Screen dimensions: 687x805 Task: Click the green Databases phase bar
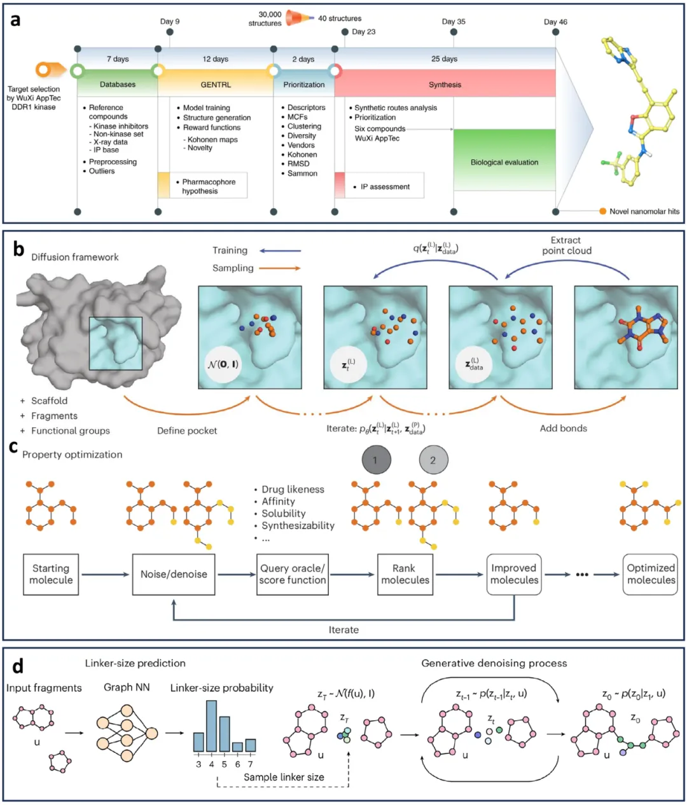tap(118, 84)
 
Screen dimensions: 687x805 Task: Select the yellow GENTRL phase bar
tap(216, 84)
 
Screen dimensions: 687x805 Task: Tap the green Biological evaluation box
tap(504, 162)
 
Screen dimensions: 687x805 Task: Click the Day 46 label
tap(555, 22)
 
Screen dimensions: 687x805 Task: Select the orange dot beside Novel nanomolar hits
tap(602, 211)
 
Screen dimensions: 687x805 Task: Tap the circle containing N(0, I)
tap(223, 364)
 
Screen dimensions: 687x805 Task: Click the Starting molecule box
tap(51, 574)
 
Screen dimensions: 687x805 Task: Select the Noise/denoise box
tap(174, 574)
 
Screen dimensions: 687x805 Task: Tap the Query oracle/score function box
tap(293, 574)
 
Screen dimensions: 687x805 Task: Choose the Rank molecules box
tap(405, 574)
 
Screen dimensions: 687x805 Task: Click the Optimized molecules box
tap(650, 574)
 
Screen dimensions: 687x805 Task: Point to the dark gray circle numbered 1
tap(375, 460)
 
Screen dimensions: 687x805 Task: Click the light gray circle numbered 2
tap(433, 460)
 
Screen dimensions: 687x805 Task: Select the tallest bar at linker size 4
tap(212, 726)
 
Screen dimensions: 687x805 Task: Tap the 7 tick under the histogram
tap(250, 764)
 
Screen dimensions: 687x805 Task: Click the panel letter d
tap(17, 665)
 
